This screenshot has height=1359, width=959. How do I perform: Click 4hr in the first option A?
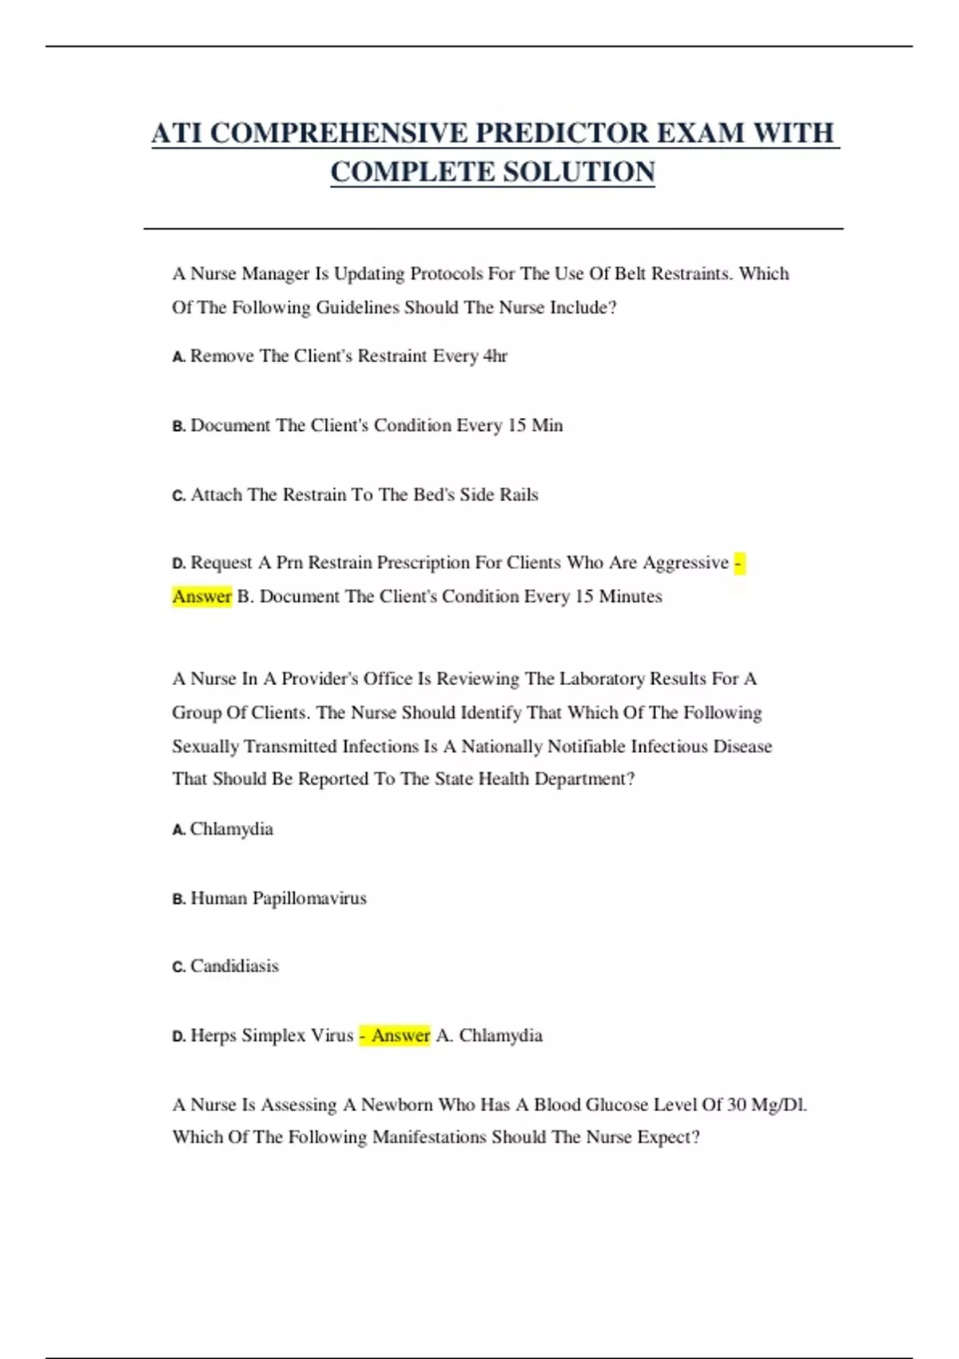pos(495,357)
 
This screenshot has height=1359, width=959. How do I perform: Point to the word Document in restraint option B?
pos(230,425)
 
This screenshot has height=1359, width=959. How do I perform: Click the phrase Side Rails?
pos(499,495)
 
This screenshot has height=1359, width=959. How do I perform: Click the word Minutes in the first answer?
pos(631,596)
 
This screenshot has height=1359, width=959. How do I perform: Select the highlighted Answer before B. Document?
pos(201,596)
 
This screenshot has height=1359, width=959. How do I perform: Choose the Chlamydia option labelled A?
pos(232,829)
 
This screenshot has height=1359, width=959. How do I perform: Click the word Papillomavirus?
pos(309,899)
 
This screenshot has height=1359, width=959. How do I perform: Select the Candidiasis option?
pos(234,966)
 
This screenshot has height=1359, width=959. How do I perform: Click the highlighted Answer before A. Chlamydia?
pos(400,1036)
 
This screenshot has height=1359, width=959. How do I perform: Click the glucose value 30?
pos(736,1105)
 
